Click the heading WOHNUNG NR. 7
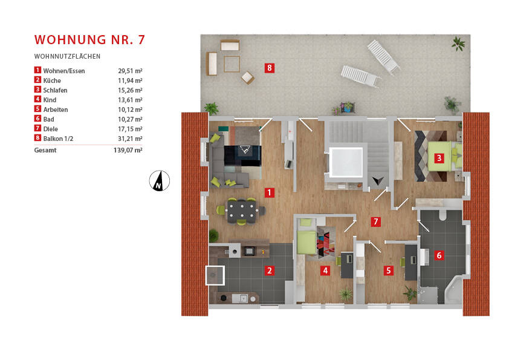click(89, 40)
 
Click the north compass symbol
click(160, 180)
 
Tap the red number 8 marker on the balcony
click(269, 68)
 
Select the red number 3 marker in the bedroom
click(439, 159)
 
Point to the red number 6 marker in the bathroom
click(439, 255)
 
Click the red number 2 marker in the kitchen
click(269, 270)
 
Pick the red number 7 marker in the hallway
click(376, 221)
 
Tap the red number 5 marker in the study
click(388, 270)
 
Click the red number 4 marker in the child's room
click(325, 270)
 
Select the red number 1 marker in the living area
click(269, 193)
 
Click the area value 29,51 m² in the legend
click(130, 71)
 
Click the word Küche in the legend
click(52, 80)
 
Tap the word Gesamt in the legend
click(45, 150)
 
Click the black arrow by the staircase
click(379, 180)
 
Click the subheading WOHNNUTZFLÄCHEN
click(67, 56)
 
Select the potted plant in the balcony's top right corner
click(458, 43)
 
